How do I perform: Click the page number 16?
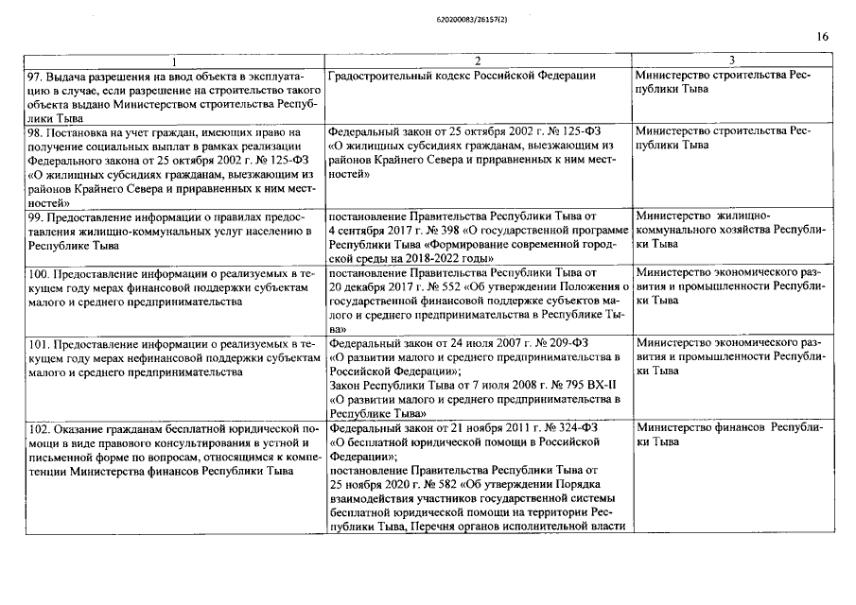pos(823,37)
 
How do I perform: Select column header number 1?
pos(173,60)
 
